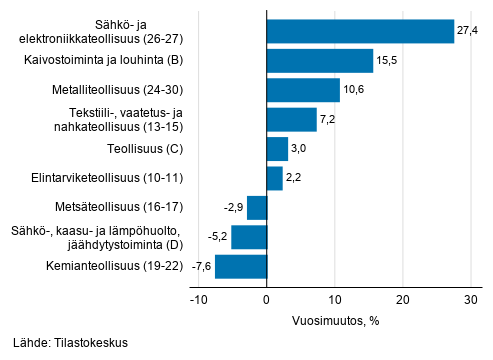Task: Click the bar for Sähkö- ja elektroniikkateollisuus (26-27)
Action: click(x=360, y=31)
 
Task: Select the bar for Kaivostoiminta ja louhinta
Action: click(x=320, y=61)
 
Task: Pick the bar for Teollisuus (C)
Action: click(x=277, y=150)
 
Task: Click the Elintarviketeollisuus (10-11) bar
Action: click(x=274, y=179)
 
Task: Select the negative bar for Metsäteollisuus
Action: click(x=257, y=208)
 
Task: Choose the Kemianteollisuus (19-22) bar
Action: click(x=241, y=267)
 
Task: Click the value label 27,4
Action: click(x=467, y=32)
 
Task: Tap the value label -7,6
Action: click(x=201, y=268)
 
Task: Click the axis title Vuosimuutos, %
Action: click(x=334, y=322)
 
